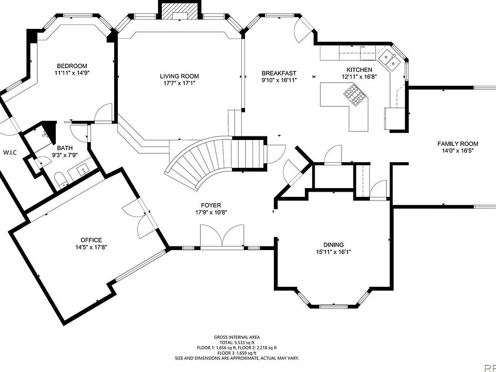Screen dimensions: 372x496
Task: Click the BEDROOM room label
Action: pos(72,66)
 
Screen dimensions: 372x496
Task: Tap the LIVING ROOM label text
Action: pos(179,76)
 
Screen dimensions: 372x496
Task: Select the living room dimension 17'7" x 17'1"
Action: pos(179,83)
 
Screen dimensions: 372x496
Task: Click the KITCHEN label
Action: pos(359,70)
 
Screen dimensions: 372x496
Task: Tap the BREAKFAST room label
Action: pos(279,73)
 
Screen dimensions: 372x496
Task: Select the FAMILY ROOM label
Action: pos(458,144)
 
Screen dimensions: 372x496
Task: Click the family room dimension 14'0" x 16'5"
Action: pos(458,151)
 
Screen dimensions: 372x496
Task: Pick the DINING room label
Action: pos(334,245)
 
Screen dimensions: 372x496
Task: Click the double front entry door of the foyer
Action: pos(222,238)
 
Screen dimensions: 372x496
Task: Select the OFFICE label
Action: pos(91,240)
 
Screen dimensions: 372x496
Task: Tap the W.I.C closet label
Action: pos(10,152)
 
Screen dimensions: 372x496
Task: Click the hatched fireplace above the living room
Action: pos(179,10)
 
